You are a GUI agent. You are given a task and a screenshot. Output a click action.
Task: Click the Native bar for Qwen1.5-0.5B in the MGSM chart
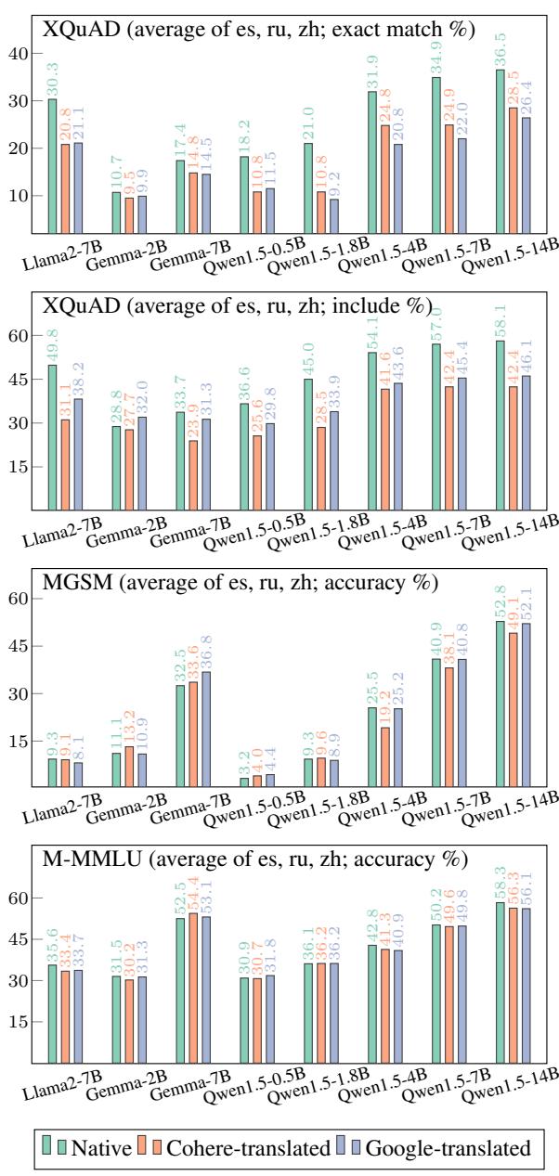[x=245, y=782]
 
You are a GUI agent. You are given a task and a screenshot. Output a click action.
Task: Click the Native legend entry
[x=85, y=1147]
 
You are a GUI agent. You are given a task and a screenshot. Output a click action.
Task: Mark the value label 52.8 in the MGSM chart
[x=502, y=603]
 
